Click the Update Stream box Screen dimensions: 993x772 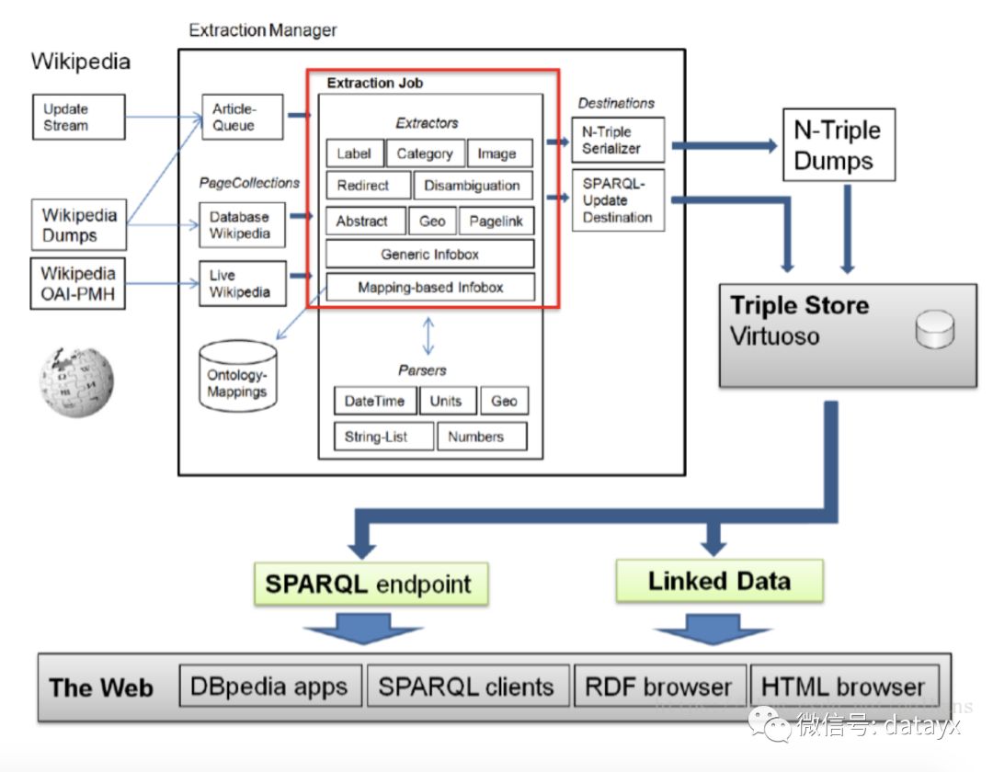point(79,117)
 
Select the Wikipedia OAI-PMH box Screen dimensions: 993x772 point(78,283)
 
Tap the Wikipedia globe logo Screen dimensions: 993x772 point(76,381)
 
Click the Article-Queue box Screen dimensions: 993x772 point(243,117)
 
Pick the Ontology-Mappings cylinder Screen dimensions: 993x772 point(238,377)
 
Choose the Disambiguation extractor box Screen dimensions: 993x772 point(473,186)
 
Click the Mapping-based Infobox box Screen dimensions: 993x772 point(430,288)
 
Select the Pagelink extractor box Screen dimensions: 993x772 point(496,221)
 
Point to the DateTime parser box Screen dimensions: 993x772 point(375,401)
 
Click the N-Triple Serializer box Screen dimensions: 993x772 point(618,140)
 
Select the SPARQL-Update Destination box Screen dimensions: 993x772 point(618,200)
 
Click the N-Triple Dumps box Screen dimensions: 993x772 point(839,145)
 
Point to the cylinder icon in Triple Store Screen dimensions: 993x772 point(935,329)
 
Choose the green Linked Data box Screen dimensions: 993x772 point(719,581)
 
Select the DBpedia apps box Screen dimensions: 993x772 point(270,686)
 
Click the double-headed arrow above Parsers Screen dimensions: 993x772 point(428,336)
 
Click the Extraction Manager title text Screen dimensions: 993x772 point(263,30)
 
